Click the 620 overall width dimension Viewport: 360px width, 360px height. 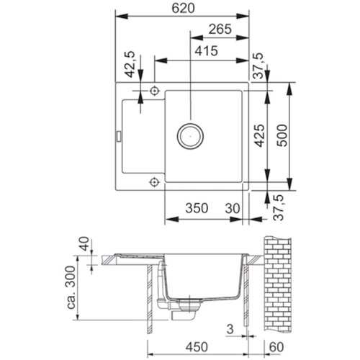pos(184,9)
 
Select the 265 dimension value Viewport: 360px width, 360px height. pos(220,30)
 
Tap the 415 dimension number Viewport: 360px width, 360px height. pos(206,51)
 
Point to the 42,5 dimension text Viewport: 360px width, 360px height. pos(131,64)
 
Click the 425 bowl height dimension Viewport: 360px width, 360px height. pos(260,135)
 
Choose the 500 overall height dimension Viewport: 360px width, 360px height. pos(282,135)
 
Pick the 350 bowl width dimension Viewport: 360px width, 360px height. pos(197,208)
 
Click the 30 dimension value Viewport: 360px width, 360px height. pos(233,208)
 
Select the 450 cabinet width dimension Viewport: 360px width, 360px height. pos(197,347)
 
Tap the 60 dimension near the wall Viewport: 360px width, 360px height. pos(276,347)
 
